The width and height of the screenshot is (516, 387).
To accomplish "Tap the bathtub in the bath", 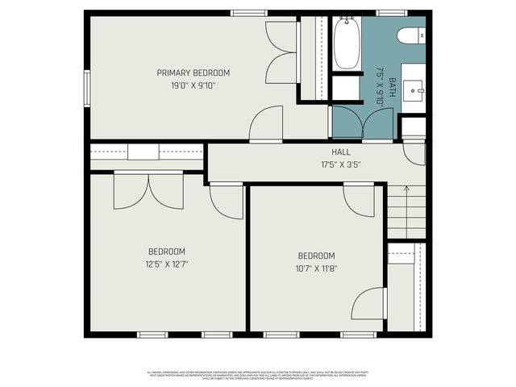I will [347, 44].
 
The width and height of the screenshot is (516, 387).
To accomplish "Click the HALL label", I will [341, 152].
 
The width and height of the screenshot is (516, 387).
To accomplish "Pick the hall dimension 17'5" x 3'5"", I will [341, 164].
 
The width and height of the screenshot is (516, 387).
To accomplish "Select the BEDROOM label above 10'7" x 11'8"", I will [316, 256].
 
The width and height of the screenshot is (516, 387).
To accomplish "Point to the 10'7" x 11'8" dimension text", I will [316, 268].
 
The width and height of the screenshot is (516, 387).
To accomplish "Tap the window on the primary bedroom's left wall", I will [86, 87].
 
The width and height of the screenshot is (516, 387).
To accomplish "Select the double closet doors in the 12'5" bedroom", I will [148, 192].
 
